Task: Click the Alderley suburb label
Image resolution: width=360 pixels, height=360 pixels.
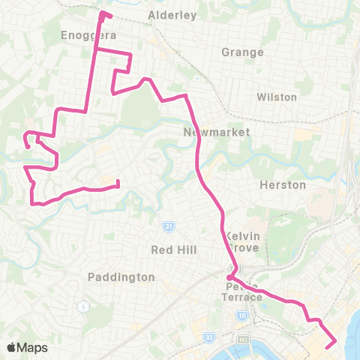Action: pyautogui.click(x=172, y=14)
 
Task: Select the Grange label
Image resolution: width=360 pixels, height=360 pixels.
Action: pyautogui.click(x=243, y=52)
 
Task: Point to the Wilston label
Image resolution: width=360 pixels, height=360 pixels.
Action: pyautogui.click(x=277, y=97)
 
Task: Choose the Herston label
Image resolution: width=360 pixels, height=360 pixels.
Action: pyautogui.click(x=282, y=184)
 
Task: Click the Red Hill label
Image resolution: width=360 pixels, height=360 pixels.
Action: pyautogui.click(x=173, y=250)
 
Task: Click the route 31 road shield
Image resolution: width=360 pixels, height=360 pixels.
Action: pyautogui.click(x=170, y=226)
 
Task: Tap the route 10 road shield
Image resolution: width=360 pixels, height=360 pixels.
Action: pyautogui.click(x=242, y=316)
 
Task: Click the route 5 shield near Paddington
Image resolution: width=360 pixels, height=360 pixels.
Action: pyautogui.click(x=79, y=306)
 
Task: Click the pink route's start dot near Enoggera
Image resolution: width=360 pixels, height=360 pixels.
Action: pyautogui.click(x=102, y=13)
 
